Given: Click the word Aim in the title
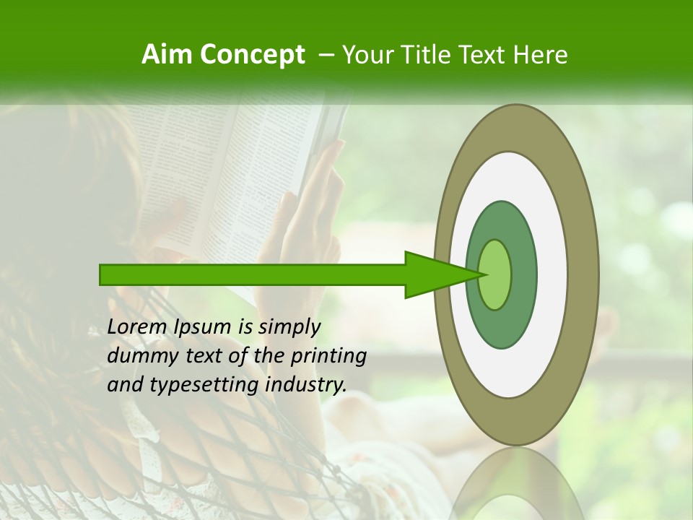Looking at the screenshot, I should pyautogui.click(x=167, y=55).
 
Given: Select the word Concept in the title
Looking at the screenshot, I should pyautogui.click(x=252, y=55).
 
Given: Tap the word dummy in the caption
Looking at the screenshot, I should pyautogui.click(x=141, y=356).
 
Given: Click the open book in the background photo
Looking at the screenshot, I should pyautogui.click(x=238, y=166).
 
